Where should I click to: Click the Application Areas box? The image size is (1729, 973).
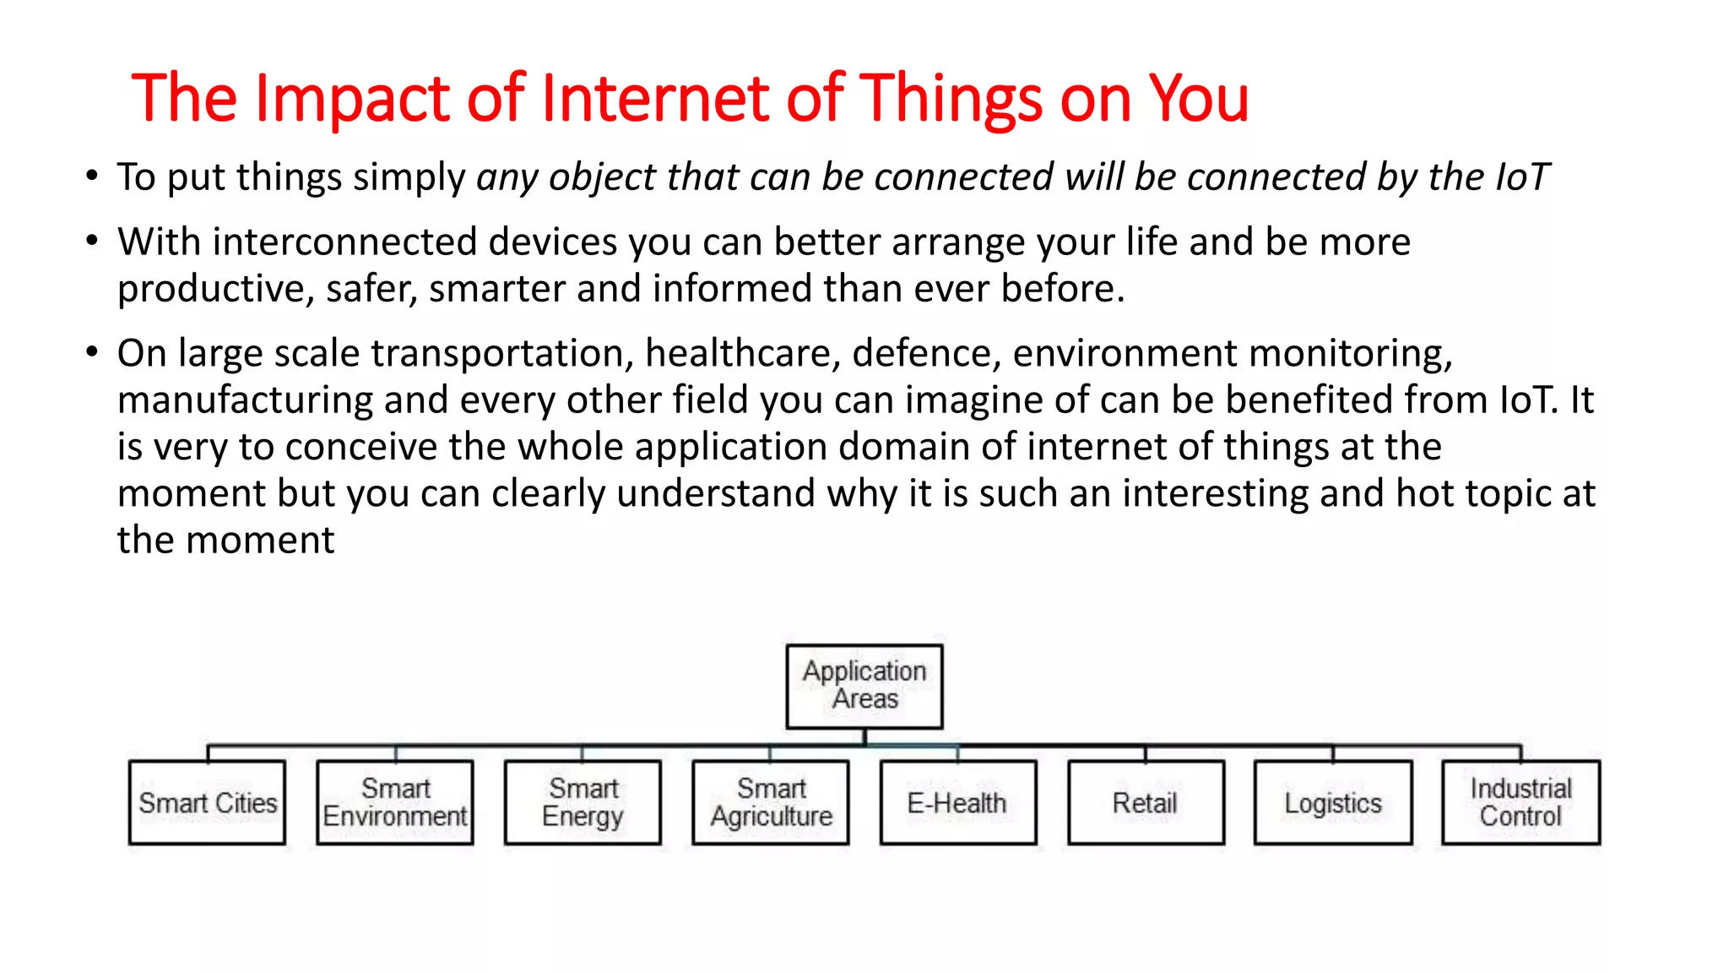point(864,686)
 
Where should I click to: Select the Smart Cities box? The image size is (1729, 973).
point(207,802)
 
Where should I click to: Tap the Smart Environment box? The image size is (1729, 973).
point(394,802)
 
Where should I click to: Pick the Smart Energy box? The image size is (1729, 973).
point(583,802)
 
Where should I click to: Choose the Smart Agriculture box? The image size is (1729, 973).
point(770,802)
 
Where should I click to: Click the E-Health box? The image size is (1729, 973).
point(957,802)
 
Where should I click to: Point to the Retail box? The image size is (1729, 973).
point(1145,802)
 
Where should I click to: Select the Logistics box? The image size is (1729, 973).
point(1333,802)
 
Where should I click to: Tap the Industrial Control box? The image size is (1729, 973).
point(1520,802)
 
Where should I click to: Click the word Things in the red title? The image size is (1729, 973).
point(950,100)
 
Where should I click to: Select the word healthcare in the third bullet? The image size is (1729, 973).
point(742,353)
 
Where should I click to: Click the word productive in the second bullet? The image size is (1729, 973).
point(214,290)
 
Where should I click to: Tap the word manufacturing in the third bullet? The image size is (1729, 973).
point(244,400)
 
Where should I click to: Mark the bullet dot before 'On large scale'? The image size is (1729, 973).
point(92,352)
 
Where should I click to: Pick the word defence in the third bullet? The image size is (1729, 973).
point(926,353)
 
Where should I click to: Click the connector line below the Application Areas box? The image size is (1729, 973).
point(864,737)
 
